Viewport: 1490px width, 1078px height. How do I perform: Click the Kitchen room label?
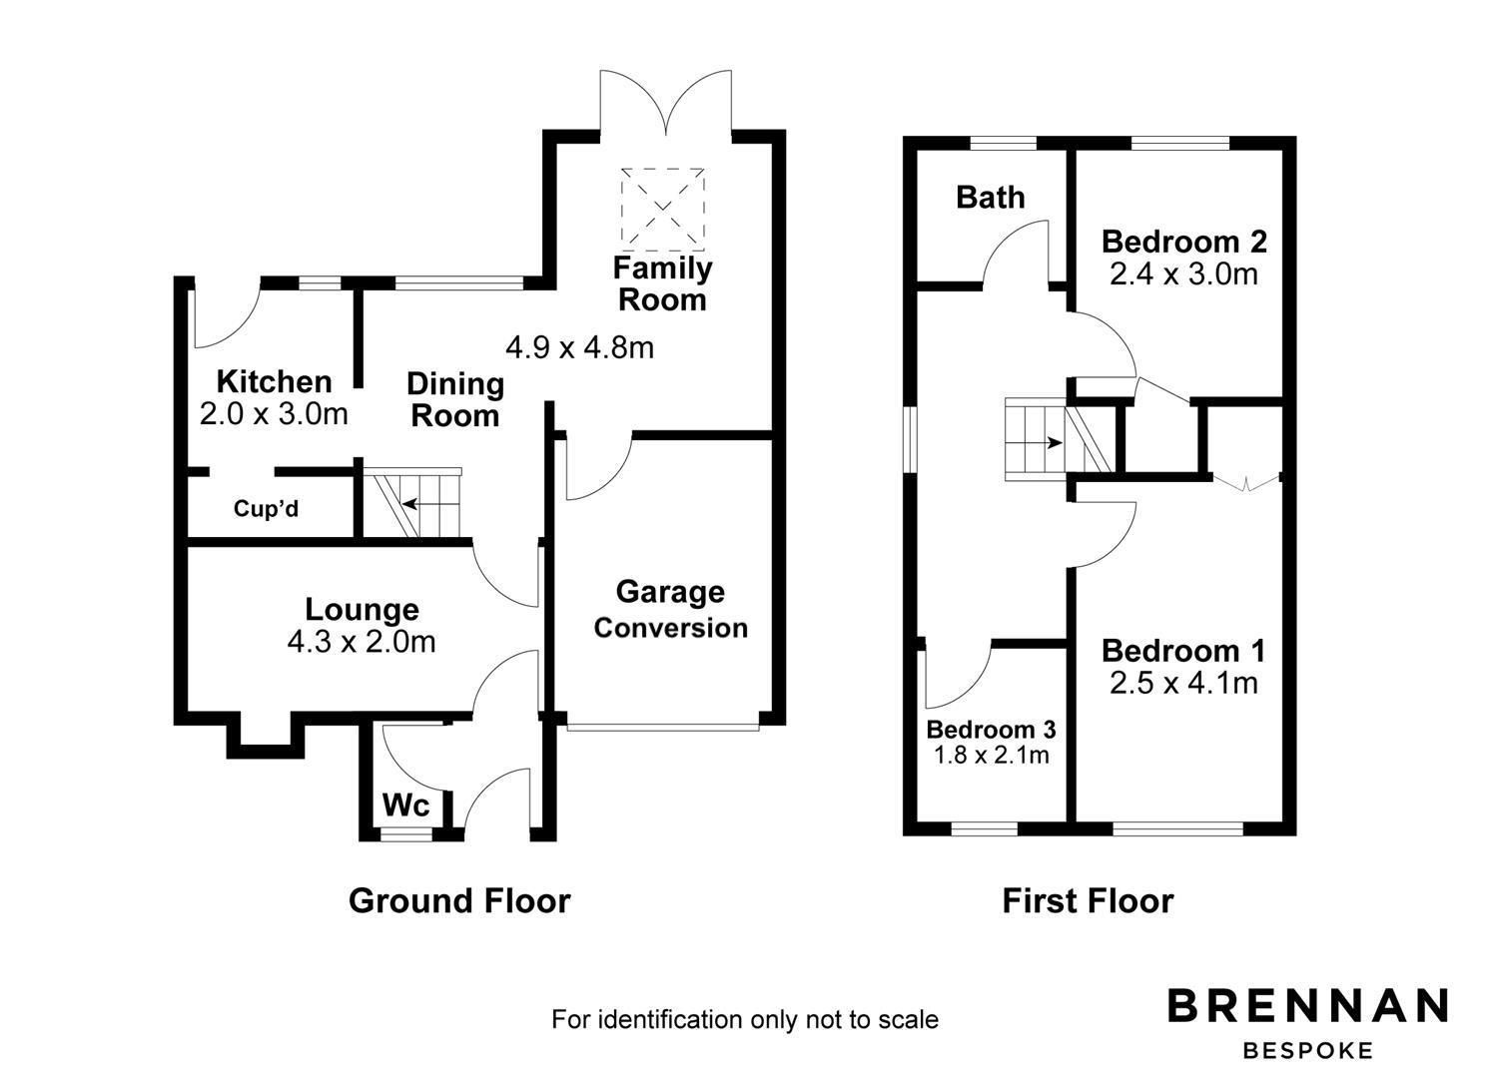coord(274,381)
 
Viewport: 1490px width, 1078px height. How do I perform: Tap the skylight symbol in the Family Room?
coord(663,210)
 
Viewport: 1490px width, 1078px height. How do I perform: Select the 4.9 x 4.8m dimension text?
coord(579,347)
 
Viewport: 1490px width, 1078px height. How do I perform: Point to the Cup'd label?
coord(266,509)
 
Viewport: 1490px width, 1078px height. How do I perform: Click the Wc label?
coord(406,805)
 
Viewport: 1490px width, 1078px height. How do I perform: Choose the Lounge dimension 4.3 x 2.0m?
coord(362,642)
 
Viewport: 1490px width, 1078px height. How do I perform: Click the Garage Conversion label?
coord(670,610)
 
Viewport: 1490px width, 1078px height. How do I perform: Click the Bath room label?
coord(990,198)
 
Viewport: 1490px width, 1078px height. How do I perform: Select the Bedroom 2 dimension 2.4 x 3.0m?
coord(1183,273)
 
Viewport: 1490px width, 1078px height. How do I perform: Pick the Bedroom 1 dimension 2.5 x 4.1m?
coord(1183,683)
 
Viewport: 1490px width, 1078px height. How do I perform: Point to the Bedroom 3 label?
coord(991,729)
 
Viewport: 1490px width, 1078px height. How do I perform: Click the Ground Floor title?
coord(459,900)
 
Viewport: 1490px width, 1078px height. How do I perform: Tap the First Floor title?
coord(1088,901)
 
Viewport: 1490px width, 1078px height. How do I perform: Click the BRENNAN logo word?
coord(1308,1006)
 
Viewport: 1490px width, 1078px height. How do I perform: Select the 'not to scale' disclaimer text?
coord(744,1019)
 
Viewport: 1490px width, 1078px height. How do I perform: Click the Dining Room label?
coord(455,399)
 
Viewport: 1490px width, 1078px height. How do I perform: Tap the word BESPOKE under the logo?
coord(1308,1050)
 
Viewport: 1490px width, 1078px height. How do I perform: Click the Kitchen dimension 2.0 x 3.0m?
coord(274,413)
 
